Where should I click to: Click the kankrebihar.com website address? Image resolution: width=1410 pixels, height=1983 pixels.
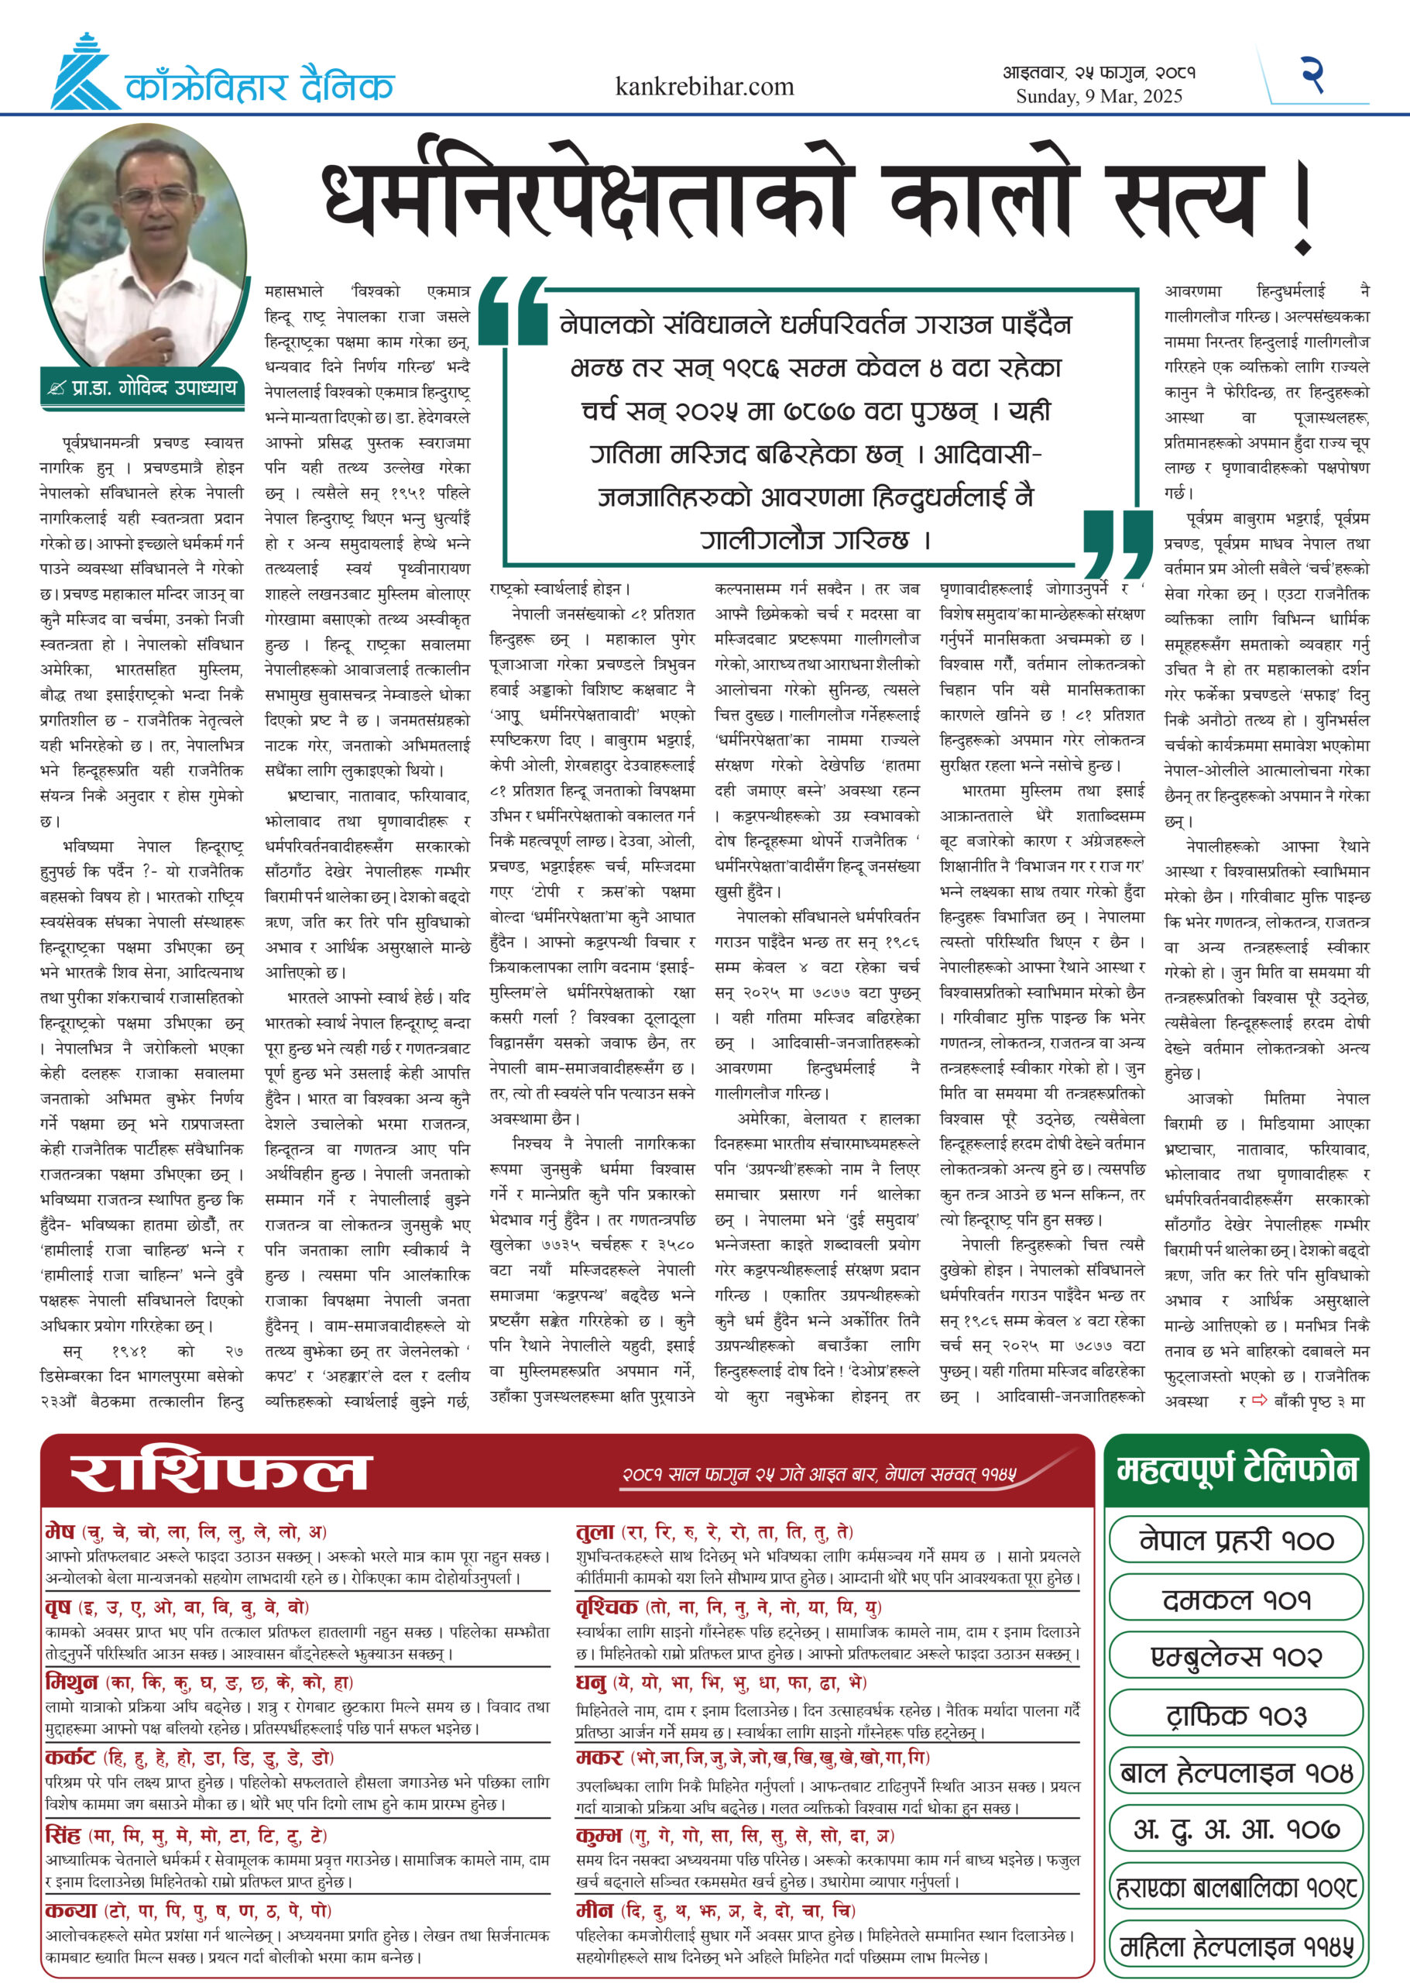(704, 86)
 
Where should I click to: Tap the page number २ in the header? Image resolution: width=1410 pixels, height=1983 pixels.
(1312, 74)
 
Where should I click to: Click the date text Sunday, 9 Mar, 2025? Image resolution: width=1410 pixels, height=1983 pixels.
(1100, 96)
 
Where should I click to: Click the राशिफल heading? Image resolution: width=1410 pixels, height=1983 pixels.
(221, 1473)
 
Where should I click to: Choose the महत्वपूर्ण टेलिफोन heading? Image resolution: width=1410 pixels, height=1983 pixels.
(1237, 1469)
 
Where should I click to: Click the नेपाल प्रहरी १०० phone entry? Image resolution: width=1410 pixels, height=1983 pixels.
(1237, 1541)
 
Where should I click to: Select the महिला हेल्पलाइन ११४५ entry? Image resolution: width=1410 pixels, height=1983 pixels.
(1237, 1947)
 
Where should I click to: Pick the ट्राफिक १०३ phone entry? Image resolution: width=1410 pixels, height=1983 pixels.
(1237, 1715)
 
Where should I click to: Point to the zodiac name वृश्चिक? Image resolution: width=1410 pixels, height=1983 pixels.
(607, 1606)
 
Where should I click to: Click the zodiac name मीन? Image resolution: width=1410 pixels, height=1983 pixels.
(595, 1910)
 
